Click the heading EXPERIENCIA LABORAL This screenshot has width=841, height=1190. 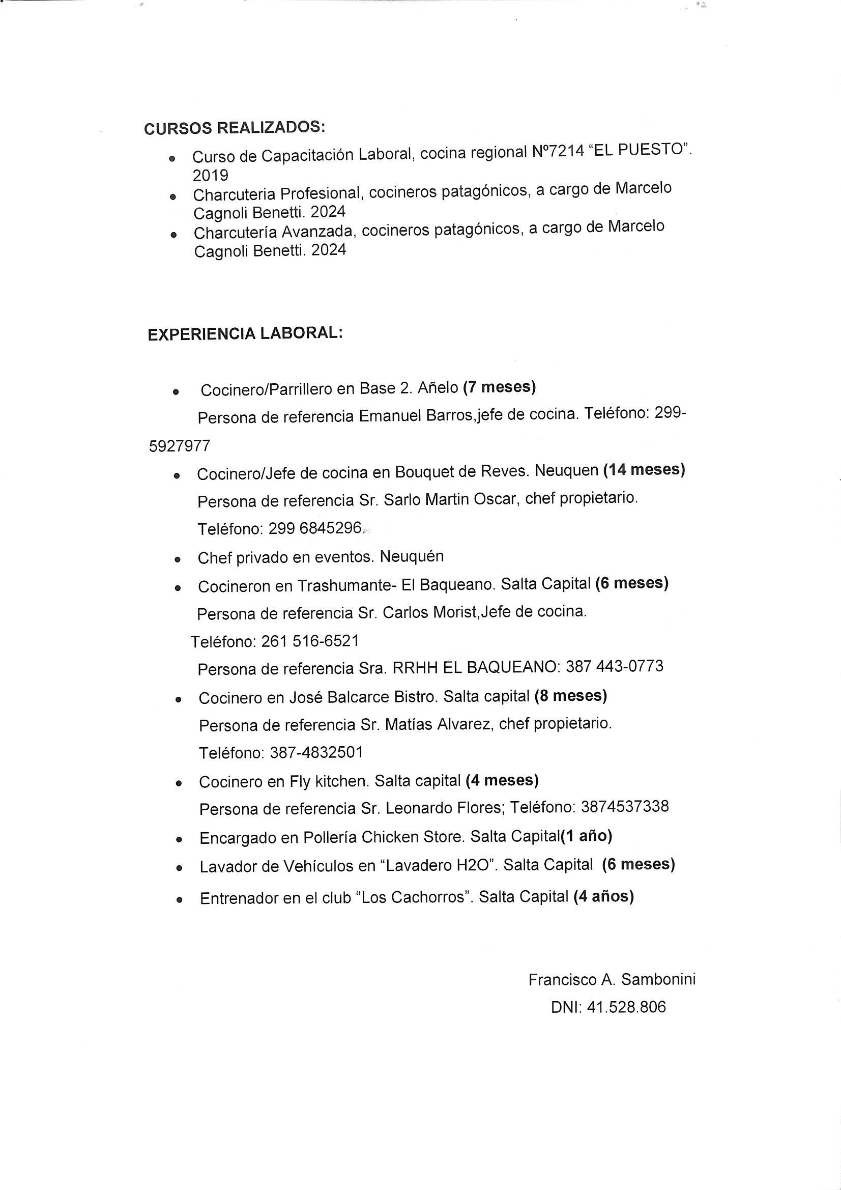tap(245, 334)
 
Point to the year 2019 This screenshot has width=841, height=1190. tap(211, 176)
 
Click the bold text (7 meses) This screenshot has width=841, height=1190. tap(499, 387)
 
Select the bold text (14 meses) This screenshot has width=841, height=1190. tap(644, 470)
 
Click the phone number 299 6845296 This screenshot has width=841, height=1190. tap(315, 528)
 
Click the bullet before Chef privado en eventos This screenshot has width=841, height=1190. tap(178, 560)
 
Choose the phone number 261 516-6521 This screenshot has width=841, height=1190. tap(310, 641)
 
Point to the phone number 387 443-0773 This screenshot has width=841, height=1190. tap(614, 666)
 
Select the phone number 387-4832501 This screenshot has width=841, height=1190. tap(316, 752)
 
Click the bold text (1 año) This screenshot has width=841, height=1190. tap(587, 836)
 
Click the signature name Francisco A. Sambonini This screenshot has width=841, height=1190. tap(612, 980)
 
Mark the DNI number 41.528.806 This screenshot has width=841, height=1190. tap(626, 1007)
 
